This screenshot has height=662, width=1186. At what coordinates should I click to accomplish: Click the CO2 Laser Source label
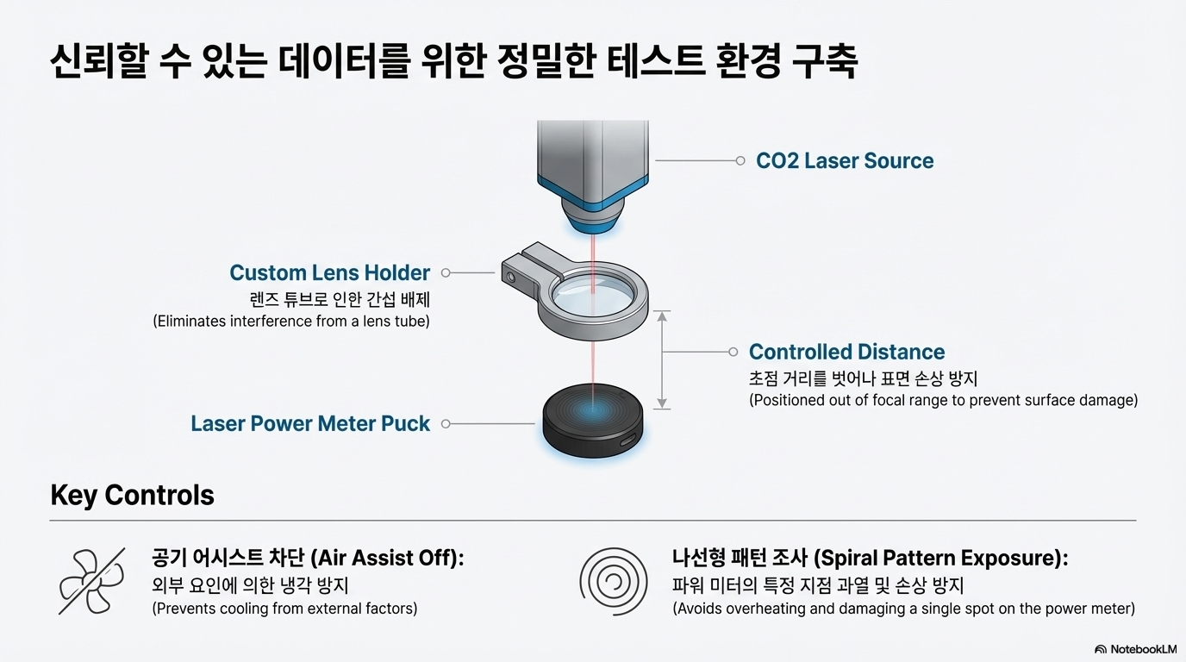point(844,161)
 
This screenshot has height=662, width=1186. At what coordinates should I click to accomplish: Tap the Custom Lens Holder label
point(329,273)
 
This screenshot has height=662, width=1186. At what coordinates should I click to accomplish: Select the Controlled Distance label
point(846,352)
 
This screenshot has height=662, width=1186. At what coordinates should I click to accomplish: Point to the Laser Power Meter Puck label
point(310,423)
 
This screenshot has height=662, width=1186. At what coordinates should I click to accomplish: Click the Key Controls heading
point(132,495)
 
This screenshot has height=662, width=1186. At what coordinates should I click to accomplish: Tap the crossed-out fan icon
point(91,582)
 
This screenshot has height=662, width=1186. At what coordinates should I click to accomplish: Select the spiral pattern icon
point(614,582)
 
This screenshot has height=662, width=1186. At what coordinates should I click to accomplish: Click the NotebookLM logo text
point(1142,649)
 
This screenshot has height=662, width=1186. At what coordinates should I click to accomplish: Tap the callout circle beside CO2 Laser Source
point(740,160)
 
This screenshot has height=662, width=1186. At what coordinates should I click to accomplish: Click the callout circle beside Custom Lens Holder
point(446,273)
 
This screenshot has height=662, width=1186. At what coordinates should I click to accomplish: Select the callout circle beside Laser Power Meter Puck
point(446,423)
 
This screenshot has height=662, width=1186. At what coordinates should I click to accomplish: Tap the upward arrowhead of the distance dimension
point(662,316)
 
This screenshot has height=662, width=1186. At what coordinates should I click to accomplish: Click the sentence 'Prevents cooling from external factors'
point(284,609)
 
